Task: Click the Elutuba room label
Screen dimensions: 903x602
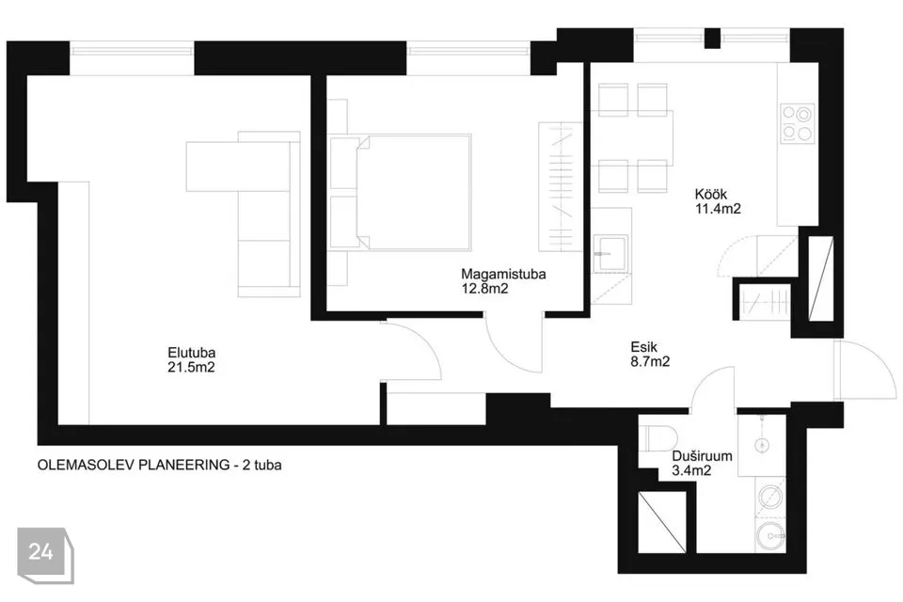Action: [191, 352]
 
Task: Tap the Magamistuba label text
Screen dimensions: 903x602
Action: [503, 275]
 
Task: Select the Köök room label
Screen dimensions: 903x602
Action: [711, 194]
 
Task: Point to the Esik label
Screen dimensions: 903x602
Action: [643, 347]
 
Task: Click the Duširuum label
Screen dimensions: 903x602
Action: [702, 455]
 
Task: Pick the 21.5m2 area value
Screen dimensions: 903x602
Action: [191, 367]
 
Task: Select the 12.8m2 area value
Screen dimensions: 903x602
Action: [485, 289]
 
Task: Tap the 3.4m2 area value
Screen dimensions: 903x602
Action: [691, 470]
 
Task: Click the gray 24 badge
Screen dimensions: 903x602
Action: [45, 555]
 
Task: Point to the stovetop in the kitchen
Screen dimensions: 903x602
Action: [797, 123]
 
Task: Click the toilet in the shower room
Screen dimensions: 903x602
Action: [656, 438]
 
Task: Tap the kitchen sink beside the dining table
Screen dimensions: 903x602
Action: [611, 253]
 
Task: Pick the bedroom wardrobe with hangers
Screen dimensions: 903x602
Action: [561, 186]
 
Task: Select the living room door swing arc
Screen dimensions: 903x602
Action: [420, 344]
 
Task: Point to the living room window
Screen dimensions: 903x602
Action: [132, 50]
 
